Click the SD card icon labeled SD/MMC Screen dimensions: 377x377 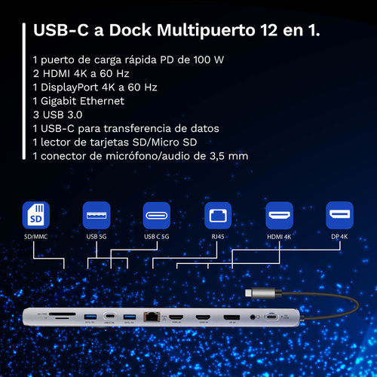pos(37,216)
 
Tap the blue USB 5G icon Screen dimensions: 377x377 pos(97,216)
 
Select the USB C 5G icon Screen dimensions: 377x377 pos(158,216)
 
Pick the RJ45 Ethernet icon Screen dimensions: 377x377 pos(218,216)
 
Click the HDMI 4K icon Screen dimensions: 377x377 pos(278,216)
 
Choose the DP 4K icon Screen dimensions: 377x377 pos(339,216)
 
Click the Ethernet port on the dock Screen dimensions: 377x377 pos(152,317)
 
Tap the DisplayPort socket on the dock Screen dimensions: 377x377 pos(231,318)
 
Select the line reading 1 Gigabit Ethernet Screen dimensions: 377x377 pos(78,100)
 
